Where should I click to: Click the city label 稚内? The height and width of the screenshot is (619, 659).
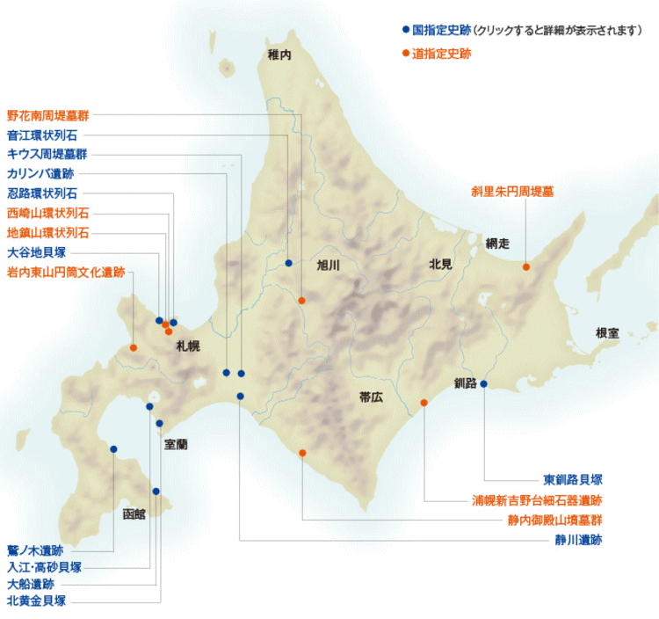[279, 55]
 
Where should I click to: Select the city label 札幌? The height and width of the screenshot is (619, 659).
[187, 346]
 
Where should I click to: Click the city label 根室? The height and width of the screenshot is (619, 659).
[607, 333]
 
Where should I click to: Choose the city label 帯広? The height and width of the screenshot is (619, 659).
[372, 397]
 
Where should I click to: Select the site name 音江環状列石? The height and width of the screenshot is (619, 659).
[41, 135]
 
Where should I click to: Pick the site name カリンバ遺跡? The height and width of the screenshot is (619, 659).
[41, 173]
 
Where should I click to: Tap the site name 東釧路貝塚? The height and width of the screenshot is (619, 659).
[572, 480]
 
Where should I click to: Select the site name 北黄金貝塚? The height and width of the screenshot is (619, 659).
[36, 601]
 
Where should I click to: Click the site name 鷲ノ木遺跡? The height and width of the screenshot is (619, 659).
[35, 550]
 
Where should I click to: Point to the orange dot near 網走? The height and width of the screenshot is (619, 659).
[526, 266]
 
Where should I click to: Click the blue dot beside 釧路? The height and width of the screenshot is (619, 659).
[483, 383]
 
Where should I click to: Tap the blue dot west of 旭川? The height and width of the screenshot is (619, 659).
[288, 263]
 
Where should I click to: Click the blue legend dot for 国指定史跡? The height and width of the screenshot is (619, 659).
[405, 29]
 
